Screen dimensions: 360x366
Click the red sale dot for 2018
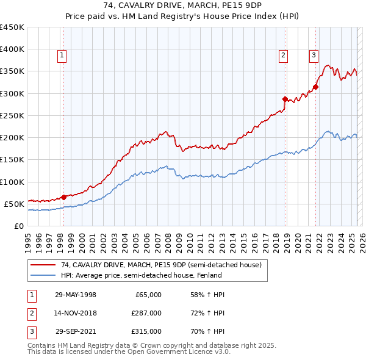[x=285, y=99]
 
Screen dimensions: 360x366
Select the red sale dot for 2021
[x=316, y=87]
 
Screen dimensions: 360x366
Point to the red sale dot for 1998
[x=63, y=197]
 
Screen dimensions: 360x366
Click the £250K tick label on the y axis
[x=12, y=115]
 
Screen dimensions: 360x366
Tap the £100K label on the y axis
[x=12, y=182]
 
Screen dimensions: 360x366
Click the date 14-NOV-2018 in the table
[x=76, y=313]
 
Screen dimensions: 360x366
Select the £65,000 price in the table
[x=148, y=295]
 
